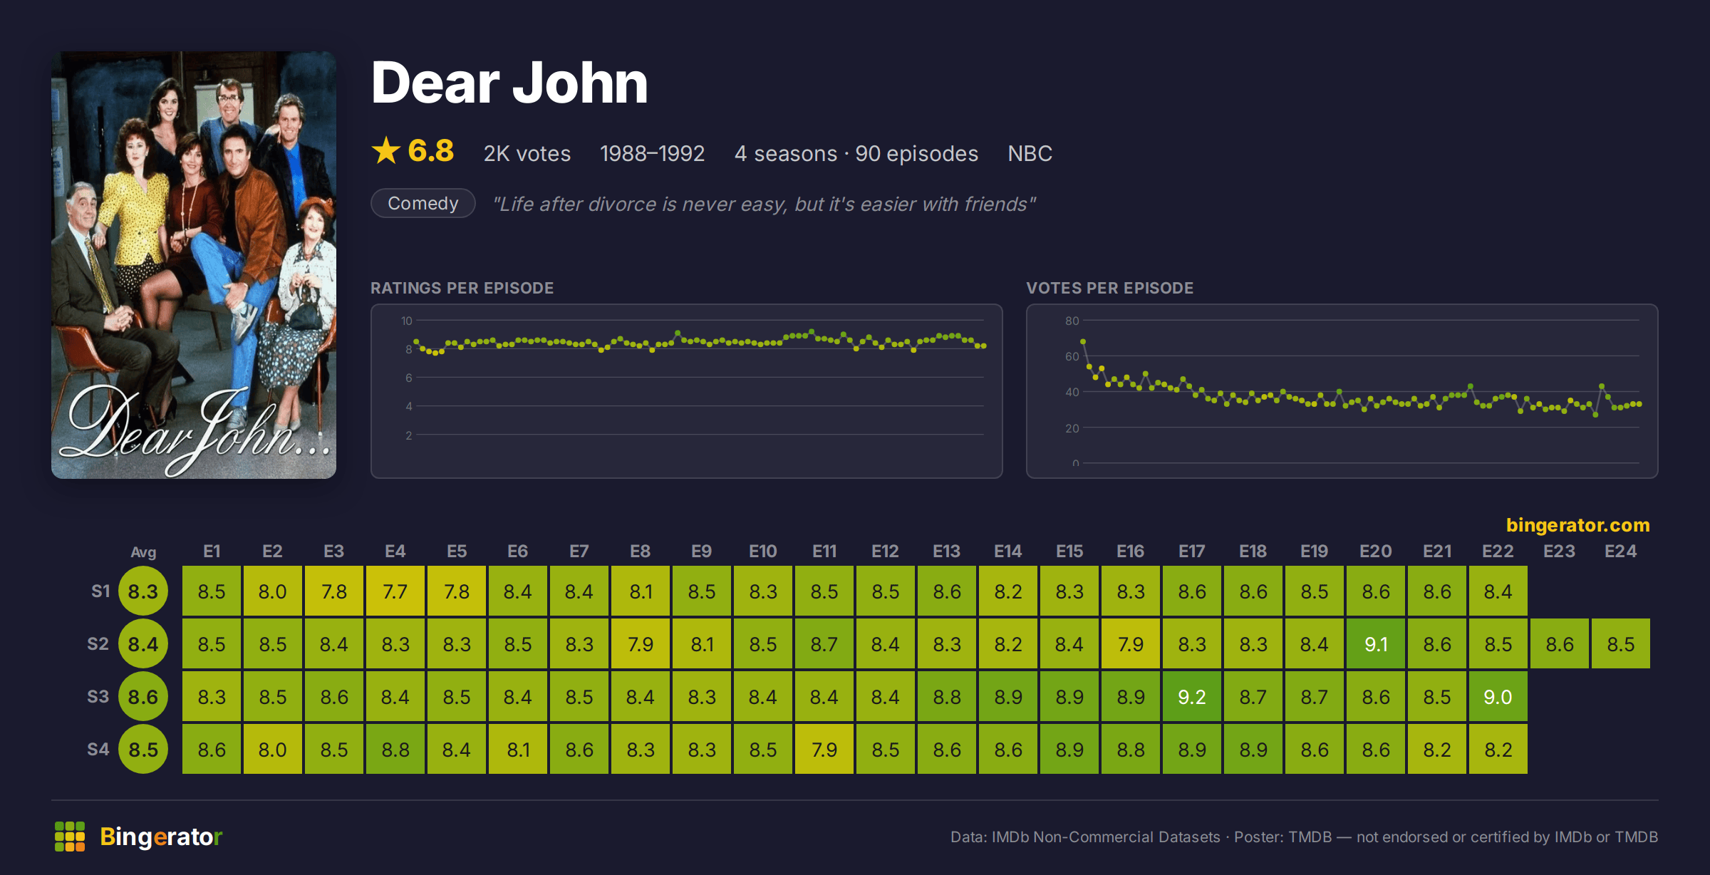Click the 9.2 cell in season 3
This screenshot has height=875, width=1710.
pos(1192,696)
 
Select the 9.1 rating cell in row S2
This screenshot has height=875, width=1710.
pos(1376,643)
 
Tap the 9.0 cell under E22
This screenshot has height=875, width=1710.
pos(1498,696)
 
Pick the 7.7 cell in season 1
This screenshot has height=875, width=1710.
pos(395,591)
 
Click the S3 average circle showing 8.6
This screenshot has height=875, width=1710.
pos(143,696)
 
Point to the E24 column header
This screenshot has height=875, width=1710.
pos(1620,551)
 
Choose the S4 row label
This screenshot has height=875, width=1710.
pos(98,749)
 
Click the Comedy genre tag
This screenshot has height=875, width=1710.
pos(423,203)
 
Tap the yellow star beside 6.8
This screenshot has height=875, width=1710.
pos(386,150)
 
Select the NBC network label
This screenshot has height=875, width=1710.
pos(1030,153)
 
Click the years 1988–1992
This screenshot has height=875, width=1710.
pos(652,153)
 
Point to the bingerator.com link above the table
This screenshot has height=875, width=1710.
pos(1578,525)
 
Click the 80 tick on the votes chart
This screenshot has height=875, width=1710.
pos(1072,321)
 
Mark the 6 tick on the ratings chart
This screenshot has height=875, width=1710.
pos(409,378)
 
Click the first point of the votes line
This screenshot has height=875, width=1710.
pos(1083,342)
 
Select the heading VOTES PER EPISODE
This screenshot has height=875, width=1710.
pos(1109,288)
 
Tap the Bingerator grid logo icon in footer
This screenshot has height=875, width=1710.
pos(70,837)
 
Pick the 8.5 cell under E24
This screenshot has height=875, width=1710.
pos(1621,643)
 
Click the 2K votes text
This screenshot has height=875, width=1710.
pos(527,153)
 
